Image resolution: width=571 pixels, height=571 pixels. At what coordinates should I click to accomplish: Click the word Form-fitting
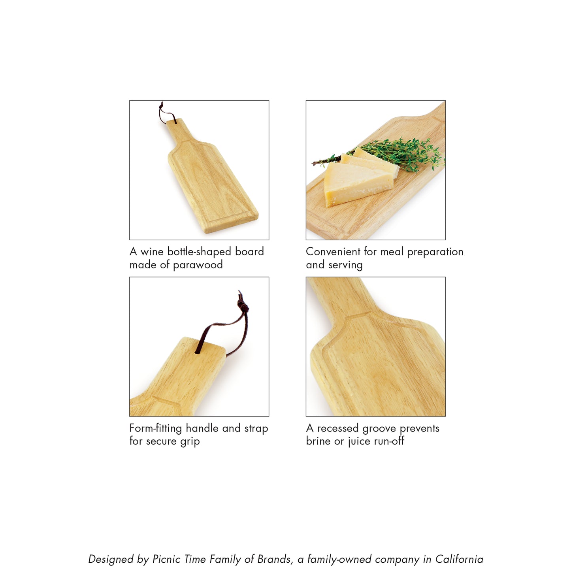(156, 428)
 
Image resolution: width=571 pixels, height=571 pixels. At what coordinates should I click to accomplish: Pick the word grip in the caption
(190, 441)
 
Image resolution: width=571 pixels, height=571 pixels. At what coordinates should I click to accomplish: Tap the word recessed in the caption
(338, 428)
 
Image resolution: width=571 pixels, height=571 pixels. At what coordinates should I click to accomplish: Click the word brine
(318, 441)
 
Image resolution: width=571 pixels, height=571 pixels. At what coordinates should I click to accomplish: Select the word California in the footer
(459, 559)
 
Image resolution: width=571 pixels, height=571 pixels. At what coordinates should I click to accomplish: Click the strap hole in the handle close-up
(198, 351)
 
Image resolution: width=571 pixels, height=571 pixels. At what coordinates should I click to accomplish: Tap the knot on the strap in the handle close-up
(243, 305)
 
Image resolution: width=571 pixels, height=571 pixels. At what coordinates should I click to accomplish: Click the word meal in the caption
(392, 252)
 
